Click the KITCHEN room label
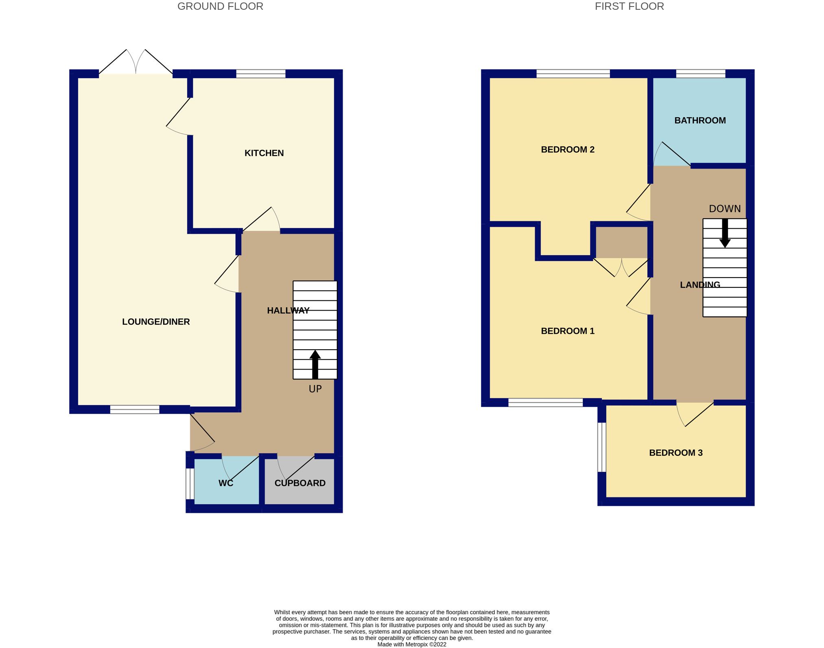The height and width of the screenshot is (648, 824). point(264,153)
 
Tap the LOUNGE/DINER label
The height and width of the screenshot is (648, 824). point(156,322)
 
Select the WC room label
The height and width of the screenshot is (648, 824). point(226,483)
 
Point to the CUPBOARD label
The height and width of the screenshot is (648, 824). point(300,483)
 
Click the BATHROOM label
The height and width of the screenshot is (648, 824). point(700,120)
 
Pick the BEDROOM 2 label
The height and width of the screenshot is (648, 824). point(568,149)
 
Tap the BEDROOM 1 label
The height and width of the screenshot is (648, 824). point(568,331)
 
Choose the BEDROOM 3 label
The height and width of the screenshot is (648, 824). point(676,453)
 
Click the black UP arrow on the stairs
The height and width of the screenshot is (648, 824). point(315,364)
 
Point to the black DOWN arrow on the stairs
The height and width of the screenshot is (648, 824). point(725,234)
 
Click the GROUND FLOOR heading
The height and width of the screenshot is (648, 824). point(220,7)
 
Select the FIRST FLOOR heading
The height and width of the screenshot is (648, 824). point(629,7)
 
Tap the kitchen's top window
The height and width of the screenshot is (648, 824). point(261,74)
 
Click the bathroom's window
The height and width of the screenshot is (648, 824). point(701,74)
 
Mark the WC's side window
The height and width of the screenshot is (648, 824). point(190,484)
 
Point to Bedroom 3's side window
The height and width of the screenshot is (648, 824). point(602,447)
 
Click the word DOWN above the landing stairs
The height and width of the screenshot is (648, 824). point(725,209)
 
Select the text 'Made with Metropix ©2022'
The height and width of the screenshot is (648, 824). point(412,644)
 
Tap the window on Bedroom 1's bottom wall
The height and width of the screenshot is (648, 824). point(546,403)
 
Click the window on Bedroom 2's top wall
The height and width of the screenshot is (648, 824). point(573,74)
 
